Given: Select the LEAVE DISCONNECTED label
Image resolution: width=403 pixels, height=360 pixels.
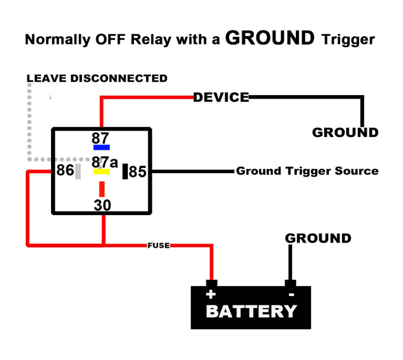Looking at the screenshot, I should point(97,79).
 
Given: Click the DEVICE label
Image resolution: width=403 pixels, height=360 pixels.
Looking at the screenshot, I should point(221,97).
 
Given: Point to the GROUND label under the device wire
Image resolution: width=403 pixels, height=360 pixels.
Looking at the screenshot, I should point(345,132).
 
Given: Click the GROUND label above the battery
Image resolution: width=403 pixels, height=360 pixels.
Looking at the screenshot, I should point(318,238).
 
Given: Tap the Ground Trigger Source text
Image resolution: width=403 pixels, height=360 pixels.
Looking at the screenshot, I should point(307,171).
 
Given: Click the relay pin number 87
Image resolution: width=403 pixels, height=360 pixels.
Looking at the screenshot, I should point(100,138).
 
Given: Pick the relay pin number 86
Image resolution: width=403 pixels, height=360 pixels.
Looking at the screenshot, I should point(65,171).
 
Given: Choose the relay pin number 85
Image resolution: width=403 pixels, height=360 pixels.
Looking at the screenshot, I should point(138,172).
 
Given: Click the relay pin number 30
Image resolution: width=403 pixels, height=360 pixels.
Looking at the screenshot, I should point(102,205).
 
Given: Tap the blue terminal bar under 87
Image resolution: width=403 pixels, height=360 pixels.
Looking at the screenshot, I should point(101,147).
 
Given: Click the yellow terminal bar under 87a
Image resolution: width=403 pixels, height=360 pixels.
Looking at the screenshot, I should point(101,172).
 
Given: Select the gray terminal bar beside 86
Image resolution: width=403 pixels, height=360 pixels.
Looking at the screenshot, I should point(78,172).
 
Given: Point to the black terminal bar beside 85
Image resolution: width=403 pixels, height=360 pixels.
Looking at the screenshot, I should point(125,171).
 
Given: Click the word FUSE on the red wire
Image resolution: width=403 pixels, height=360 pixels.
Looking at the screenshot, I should point(159,245).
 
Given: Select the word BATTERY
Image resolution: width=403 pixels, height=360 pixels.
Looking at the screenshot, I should point(251,311).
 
